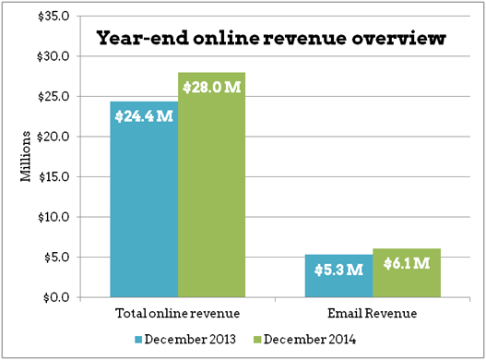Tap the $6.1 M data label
[407, 264]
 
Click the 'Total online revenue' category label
[178, 314]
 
